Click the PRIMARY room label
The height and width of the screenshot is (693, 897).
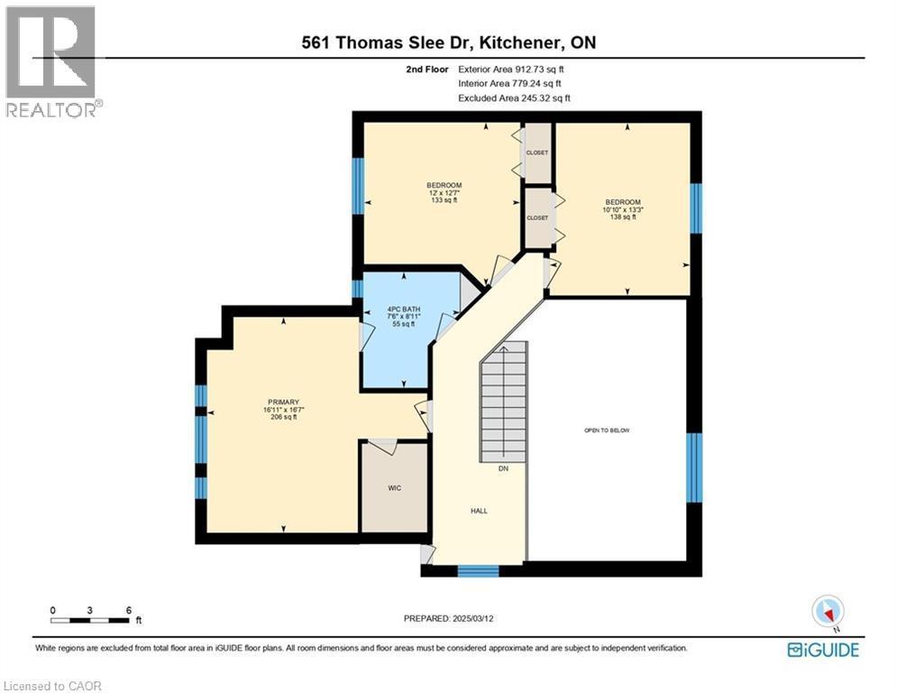pos(282,402)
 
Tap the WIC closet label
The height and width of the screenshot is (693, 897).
pos(394,487)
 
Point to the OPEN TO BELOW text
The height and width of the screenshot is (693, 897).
pos(607,430)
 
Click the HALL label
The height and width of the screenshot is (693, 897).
pos(479,511)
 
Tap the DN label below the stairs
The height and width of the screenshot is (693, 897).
pos(503,469)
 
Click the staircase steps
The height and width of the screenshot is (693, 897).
pos(503,406)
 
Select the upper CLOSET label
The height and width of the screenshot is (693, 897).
pos(537,152)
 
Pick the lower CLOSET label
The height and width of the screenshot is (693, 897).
pos(537,217)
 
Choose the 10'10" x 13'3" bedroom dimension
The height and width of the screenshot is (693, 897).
pos(623,209)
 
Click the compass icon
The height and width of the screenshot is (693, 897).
pos(827,612)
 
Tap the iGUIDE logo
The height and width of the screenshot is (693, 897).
pos(822,650)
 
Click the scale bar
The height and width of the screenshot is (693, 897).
pos(90,619)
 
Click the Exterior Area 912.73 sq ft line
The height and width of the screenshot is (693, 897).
pos(512,69)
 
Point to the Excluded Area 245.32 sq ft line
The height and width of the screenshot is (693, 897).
pos(514,97)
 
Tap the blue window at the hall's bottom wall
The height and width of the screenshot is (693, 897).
pos(478,570)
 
